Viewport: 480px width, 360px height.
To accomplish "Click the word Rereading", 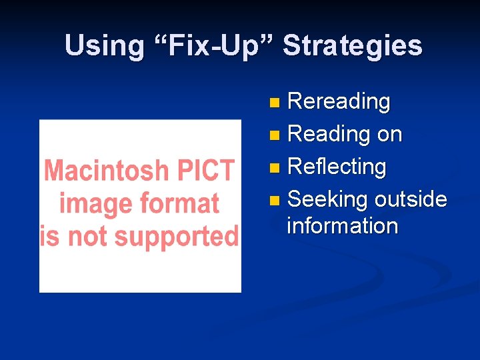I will [338, 102].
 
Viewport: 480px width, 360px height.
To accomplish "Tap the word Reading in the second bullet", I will [328, 134].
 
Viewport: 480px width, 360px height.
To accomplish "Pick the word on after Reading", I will [389, 135].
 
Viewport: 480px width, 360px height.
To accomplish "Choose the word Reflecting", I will [336, 167].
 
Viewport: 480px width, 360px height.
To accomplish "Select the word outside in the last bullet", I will [411, 199].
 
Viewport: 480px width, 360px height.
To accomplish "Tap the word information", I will [342, 225].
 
